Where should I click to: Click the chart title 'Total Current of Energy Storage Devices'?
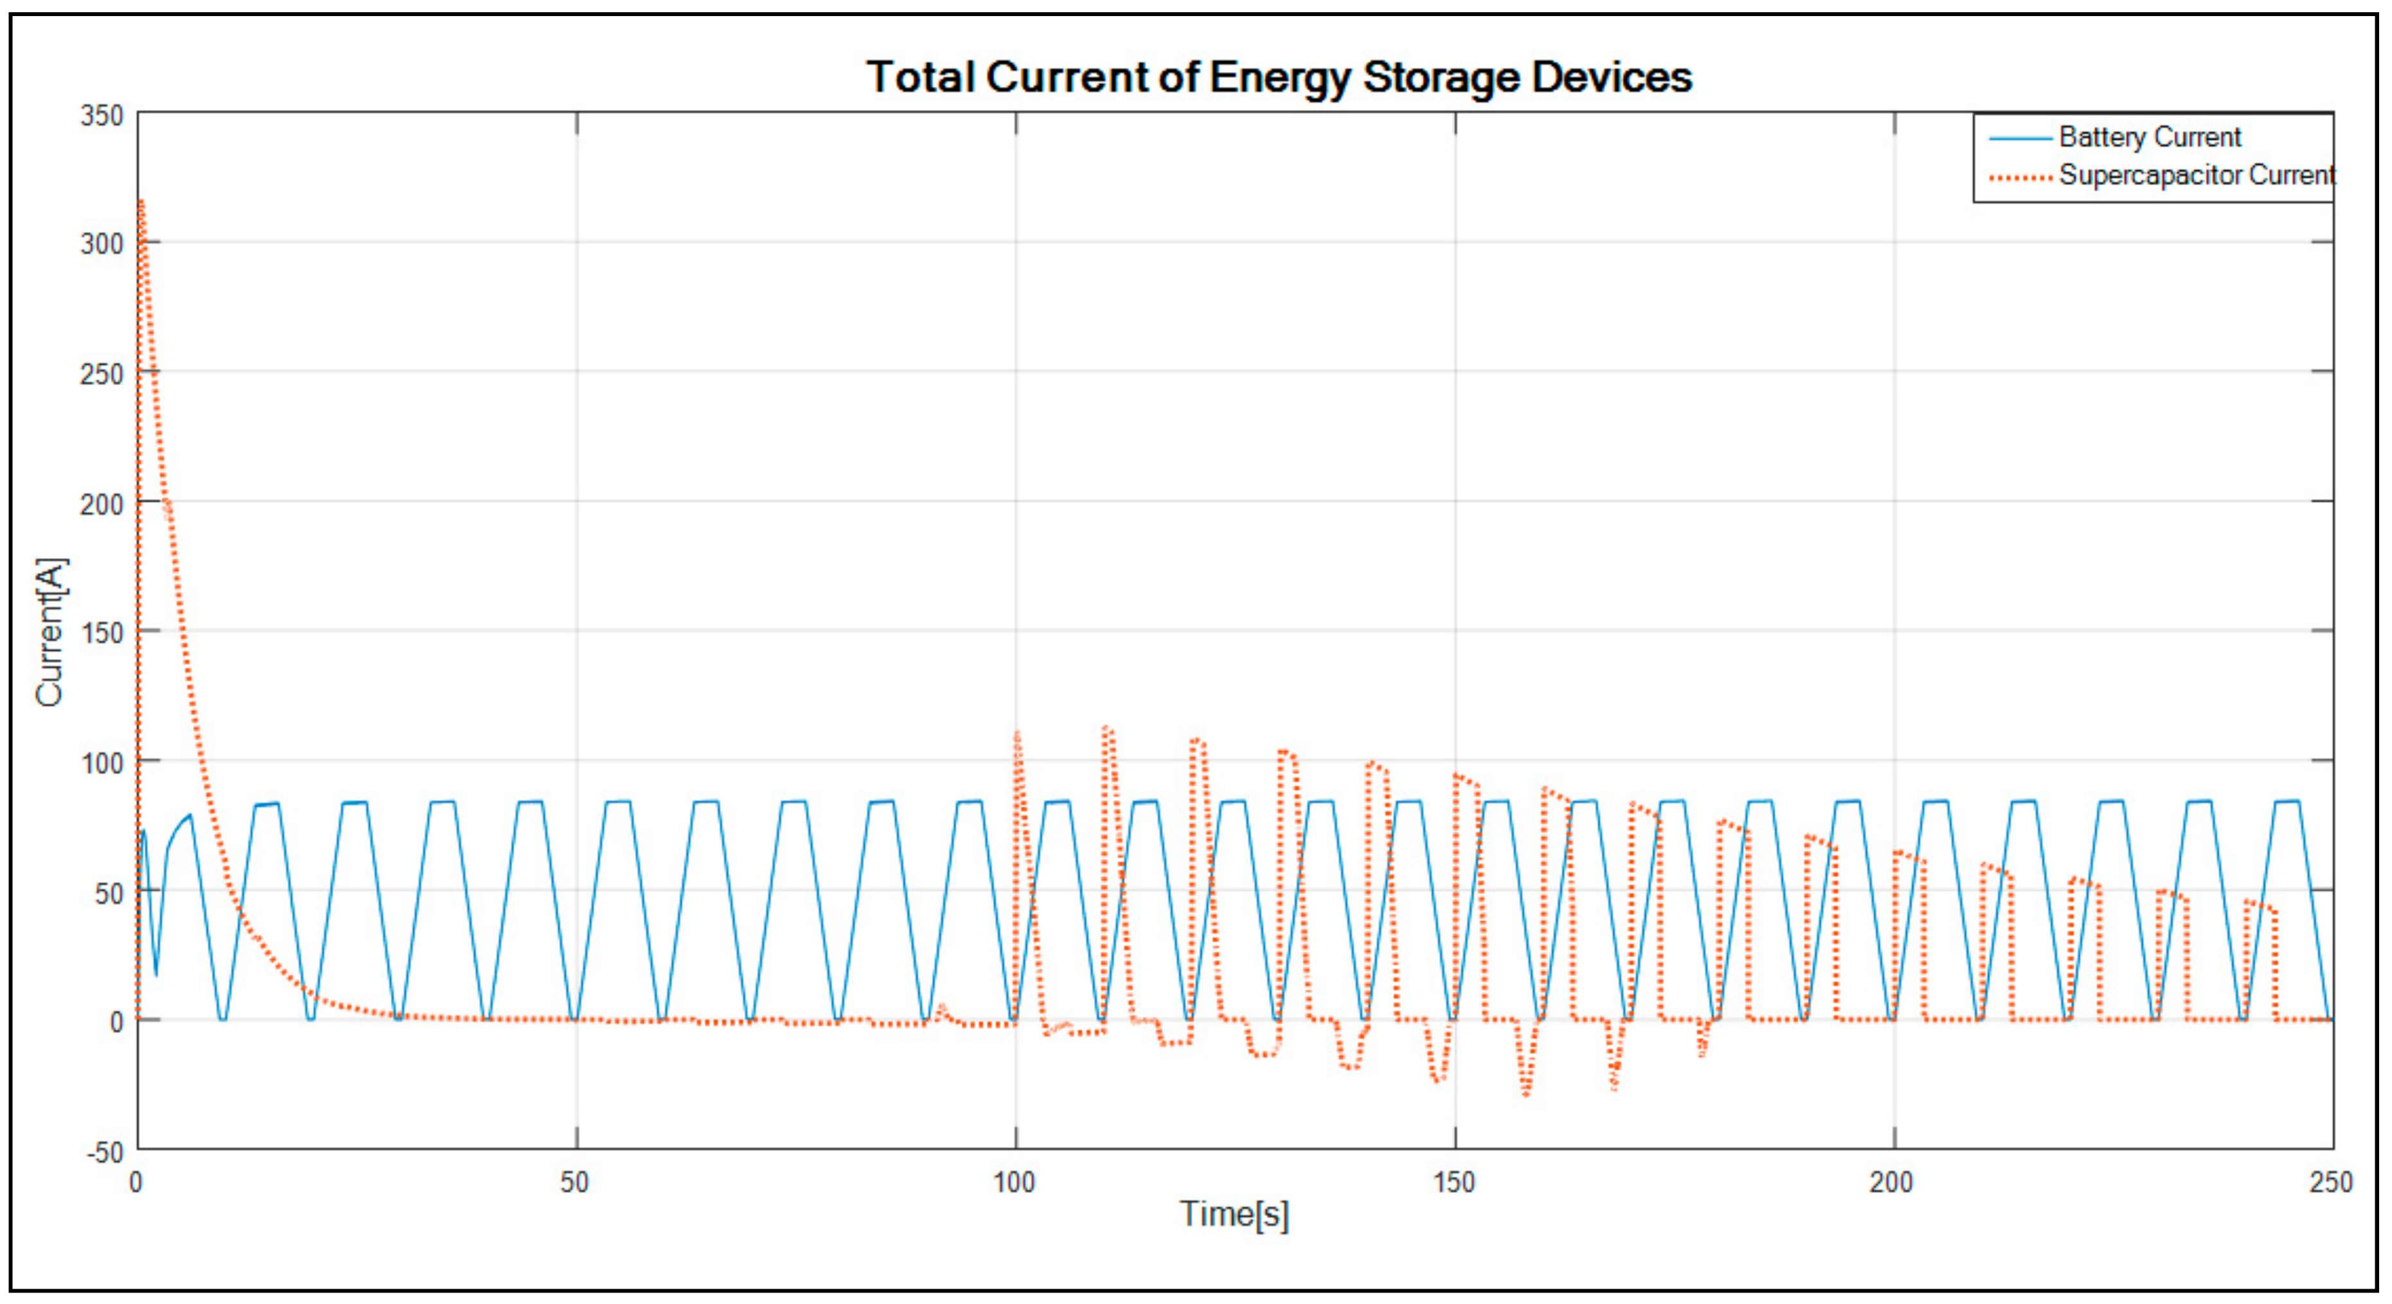1279,77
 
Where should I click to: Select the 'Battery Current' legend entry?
2150,138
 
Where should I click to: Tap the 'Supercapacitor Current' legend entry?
2196,176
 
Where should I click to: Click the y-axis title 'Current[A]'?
51,631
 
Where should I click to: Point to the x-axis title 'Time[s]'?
1234,1214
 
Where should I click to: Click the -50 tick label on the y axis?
105,1153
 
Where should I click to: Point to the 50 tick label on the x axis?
575,1182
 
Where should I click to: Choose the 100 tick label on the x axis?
1014,1182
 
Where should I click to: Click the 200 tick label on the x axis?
1891,1182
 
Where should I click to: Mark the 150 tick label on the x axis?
1453,1182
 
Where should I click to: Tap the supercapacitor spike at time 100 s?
1017,736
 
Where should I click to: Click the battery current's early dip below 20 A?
156,973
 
